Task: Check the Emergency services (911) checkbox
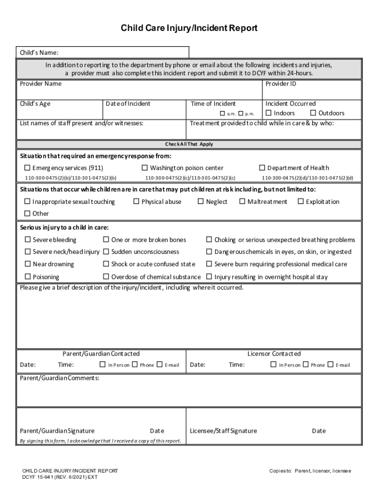coord(28,168)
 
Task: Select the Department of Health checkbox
coord(262,168)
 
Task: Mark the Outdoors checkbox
coord(313,113)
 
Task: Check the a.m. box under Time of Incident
coord(222,114)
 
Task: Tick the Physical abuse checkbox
coord(136,201)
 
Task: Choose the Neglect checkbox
coord(201,201)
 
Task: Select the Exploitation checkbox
coord(301,201)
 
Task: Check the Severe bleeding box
coord(28,240)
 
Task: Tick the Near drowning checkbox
coord(28,264)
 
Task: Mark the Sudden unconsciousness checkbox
coord(106,252)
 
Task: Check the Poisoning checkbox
coord(28,277)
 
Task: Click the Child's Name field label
coord(39,53)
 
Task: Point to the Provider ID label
coord(281,84)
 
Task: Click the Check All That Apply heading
coord(189,144)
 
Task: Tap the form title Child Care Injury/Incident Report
coord(189,28)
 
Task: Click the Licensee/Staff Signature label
coord(223,431)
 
